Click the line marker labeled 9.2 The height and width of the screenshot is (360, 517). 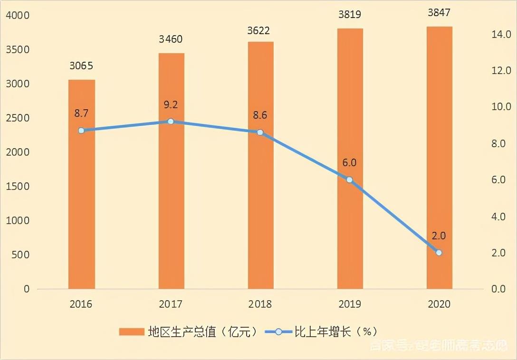click(171, 121)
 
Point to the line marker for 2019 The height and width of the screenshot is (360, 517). click(349, 180)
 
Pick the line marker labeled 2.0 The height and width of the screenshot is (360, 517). click(439, 253)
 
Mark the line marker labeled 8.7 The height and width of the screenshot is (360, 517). click(81, 130)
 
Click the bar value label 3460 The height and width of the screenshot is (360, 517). click(171, 39)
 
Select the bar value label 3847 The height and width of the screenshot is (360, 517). click(439, 13)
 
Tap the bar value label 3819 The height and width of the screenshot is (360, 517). click(349, 14)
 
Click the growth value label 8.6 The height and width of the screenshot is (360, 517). click(260, 115)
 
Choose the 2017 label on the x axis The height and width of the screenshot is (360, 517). click(171, 304)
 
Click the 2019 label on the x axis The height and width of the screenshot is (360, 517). click(349, 304)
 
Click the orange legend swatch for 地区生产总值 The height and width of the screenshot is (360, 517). click(132, 332)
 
